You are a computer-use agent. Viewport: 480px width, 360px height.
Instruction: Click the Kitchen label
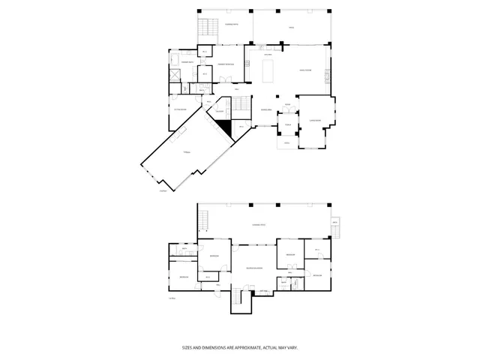(x=268, y=54)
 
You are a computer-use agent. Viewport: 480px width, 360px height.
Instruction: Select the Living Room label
(x=306, y=70)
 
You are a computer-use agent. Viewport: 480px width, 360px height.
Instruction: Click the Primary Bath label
(x=187, y=61)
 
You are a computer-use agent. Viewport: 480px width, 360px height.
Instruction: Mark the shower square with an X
(x=174, y=76)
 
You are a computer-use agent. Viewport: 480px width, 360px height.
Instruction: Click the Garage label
(x=187, y=151)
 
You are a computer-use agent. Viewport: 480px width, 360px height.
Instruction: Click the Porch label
(x=286, y=124)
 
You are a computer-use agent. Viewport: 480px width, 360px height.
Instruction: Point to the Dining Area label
(x=265, y=110)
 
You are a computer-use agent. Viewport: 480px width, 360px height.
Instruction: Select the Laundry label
(x=221, y=112)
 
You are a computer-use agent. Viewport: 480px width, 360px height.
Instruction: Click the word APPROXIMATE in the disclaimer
(x=240, y=347)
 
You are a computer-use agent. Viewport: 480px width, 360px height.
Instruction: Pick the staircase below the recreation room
(x=238, y=298)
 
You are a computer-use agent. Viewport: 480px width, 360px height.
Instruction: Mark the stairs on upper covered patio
(x=207, y=29)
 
